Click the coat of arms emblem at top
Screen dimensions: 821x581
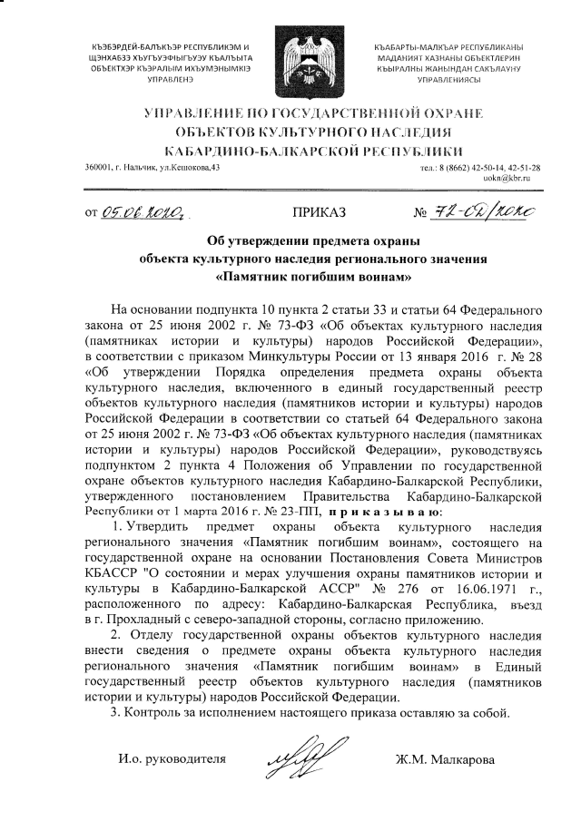pyautogui.click(x=290, y=57)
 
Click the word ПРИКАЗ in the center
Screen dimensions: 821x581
pyautogui.click(x=318, y=214)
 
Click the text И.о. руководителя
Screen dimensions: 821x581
pyautogui.click(x=169, y=757)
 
